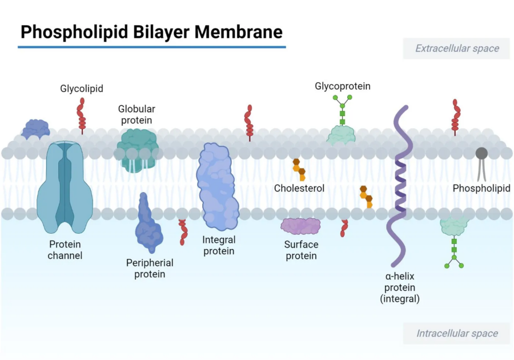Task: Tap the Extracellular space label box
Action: (x=456, y=49)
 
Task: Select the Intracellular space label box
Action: (x=456, y=334)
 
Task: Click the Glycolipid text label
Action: (x=82, y=89)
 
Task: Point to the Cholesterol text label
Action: (x=299, y=189)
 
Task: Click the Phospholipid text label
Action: (x=481, y=189)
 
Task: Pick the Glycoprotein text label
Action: (x=343, y=86)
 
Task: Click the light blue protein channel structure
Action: (x=65, y=189)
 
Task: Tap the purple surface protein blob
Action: (x=301, y=226)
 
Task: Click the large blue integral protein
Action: (x=218, y=186)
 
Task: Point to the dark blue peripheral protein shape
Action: (x=148, y=226)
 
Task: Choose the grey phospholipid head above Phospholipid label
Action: (x=481, y=153)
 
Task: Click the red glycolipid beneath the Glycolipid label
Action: (x=82, y=114)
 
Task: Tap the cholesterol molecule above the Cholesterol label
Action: (x=299, y=169)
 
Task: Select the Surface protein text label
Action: (x=301, y=250)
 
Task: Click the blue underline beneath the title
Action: (x=151, y=47)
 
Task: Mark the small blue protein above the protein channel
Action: (x=35, y=129)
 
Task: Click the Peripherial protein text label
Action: (x=150, y=269)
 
